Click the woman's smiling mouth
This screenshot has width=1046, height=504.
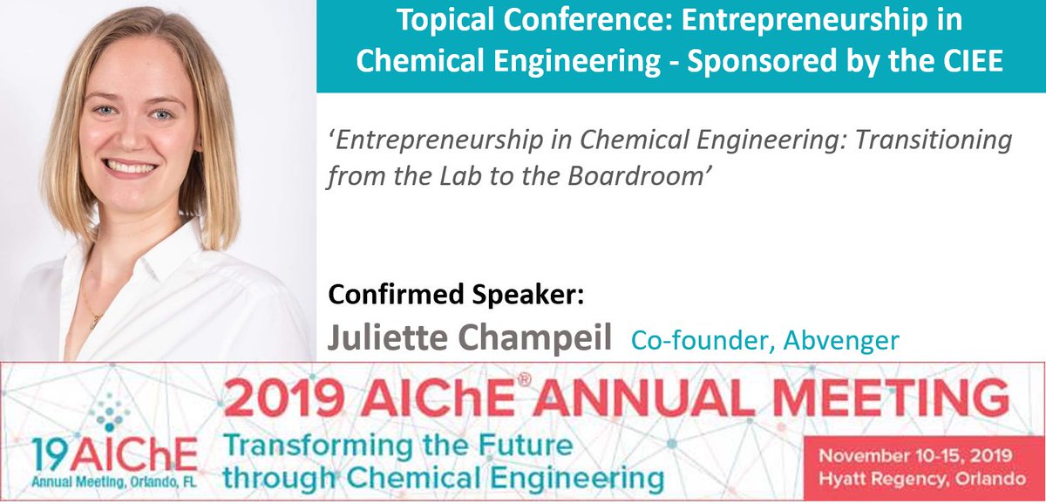pos(131,165)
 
